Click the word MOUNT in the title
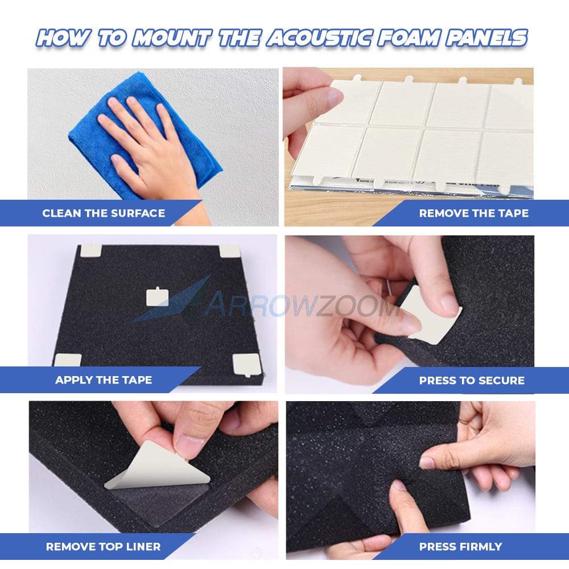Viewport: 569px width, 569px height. (172, 38)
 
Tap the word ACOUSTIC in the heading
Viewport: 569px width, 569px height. (319, 38)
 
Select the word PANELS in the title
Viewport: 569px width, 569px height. (486, 38)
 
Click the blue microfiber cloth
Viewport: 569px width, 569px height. (145, 135)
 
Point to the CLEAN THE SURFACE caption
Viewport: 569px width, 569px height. (104, 213)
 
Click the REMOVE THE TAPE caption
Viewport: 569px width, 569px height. (473, 213)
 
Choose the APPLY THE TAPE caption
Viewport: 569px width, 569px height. (104, 380)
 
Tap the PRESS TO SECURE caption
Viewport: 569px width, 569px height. (472, 380)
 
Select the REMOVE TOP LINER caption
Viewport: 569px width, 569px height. (103, 546)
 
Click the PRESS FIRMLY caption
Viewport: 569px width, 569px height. (460, 546)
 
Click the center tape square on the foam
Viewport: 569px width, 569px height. (157, 297)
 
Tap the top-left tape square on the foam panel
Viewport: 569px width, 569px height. (90, 250)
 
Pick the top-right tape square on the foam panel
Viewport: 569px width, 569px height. (230, 250)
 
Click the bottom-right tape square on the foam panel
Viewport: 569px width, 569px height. (247, 365)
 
